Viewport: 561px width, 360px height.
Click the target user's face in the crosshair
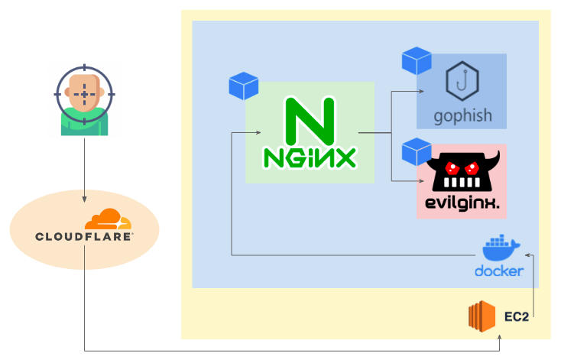click(x=84, y=92)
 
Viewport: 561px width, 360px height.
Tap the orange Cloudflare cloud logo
click(x=108, y=219)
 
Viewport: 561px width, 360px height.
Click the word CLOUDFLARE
click(x=84, y=236)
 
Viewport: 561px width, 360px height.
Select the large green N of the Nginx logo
click(x=310, y=121)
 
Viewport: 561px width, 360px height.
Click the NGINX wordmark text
click(x=310, y=157)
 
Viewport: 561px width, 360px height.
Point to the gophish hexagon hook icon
click(x=462, y=80)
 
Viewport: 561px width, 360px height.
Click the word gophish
click(x=462, y=116)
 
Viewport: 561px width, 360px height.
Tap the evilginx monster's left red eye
click(x=452, y=167)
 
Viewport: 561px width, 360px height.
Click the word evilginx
click(x=462, y=203)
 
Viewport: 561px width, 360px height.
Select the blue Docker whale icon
click(x=501, y=248)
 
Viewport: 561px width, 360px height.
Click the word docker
click(x=499, y=271)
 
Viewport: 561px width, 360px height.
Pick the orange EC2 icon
click(x=482, y=316)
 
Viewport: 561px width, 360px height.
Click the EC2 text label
click(x=516, y=316)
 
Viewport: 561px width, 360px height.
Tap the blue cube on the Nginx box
click(x=244, y=86)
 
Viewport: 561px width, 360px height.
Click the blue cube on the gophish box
click(x=417, y=60)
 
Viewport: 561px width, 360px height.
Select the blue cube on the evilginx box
click(x=417, y=152)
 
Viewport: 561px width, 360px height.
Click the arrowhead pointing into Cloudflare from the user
click(x=84, y=199)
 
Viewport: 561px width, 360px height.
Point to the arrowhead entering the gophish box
click(x=421, y=91)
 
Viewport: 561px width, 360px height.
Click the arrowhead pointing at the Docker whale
click(x=527, y=255)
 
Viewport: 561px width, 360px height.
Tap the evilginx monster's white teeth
click(x=462, y=183)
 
